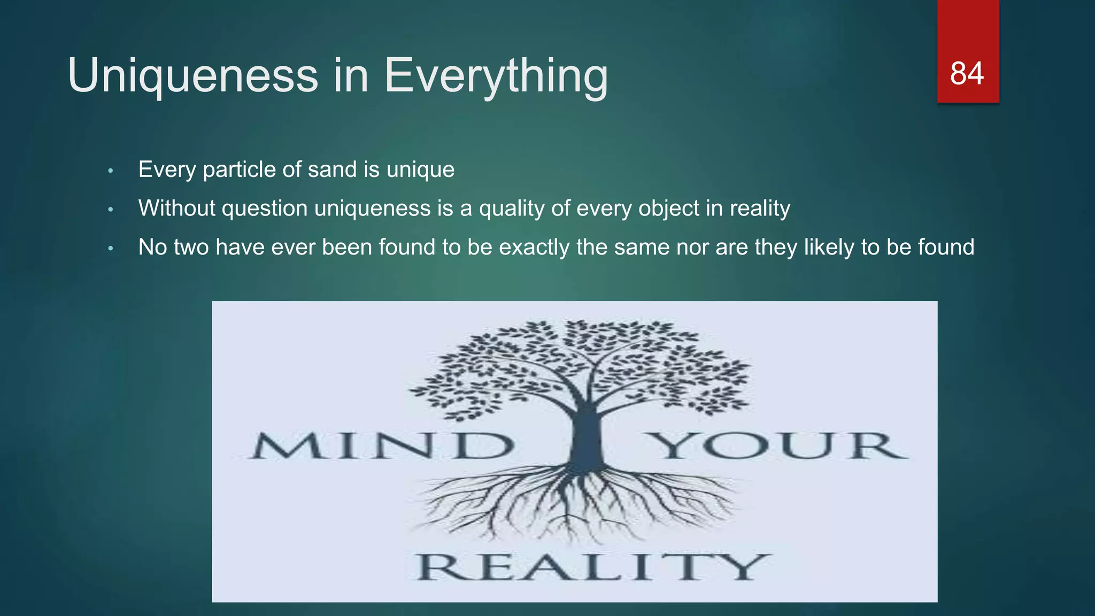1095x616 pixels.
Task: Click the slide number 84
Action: point(967,73)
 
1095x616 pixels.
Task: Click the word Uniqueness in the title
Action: point(193,76)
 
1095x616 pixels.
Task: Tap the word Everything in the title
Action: point(496,76)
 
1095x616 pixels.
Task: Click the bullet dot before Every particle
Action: point(111,171)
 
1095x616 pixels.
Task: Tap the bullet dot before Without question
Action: point(111,210)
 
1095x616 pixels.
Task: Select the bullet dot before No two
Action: point(111,249)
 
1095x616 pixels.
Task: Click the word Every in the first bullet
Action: point(167,170)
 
